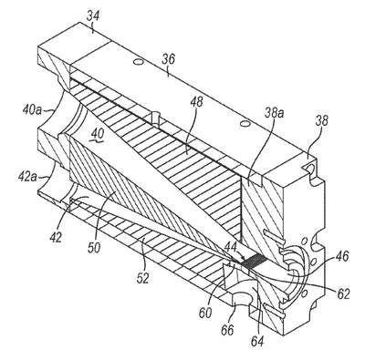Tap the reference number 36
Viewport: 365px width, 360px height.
pyautogui.click(x=168, y=60)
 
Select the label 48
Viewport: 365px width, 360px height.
pyautogui.click(x=196, y=102)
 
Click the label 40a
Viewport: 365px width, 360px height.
pyautogui.click(x=32, y=109)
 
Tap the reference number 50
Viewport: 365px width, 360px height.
pyautogui.click(x=94, y=248)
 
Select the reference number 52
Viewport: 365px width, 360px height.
pyautogui.click(x=142, y=278)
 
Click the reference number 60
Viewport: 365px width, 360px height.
pyautogui.click(x=205, y=313)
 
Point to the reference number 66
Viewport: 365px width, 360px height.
pyautogui.click(x=228, y=330)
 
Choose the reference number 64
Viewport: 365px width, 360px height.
pyautogui.click(x=257, y=340)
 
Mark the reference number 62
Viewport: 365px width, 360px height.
pyautogui.click(x=343, y=293)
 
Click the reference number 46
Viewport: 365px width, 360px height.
pyautogui.click(x=341, y=256)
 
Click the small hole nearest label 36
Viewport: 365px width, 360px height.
pyautogui.click(x=138, y=62)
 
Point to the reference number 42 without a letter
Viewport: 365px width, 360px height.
pyautogui.click(x=57, y=237)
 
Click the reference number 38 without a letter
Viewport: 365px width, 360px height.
pyautogui.click(x=321, y=120)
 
